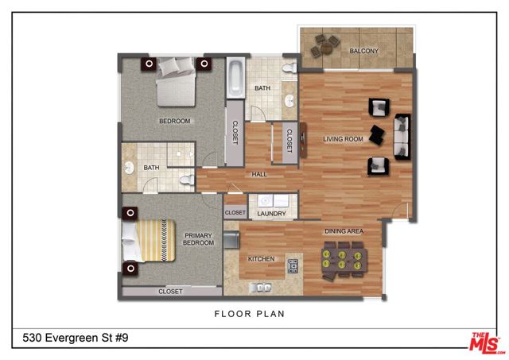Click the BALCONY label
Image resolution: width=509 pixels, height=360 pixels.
[364, 52]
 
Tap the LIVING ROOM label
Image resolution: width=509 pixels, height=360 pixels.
[343, 140]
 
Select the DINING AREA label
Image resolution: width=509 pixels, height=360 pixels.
[344, 231]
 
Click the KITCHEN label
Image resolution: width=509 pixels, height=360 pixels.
[262, 259]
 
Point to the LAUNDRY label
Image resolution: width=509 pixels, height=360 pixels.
[272, 213]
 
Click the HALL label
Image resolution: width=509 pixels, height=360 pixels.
[259, 173]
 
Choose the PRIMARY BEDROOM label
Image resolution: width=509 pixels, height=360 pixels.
[199, 239]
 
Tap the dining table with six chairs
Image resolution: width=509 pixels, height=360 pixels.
[343, 261]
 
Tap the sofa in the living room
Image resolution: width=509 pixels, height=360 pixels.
[403, 135]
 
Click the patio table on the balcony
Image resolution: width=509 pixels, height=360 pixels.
[324, 45]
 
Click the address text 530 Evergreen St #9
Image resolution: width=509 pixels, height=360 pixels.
[71, 339]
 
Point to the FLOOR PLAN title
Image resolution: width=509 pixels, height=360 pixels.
[250, 314]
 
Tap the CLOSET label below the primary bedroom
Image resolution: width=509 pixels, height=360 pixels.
[170, 292]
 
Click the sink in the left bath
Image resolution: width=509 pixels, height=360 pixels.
[130, 168]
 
